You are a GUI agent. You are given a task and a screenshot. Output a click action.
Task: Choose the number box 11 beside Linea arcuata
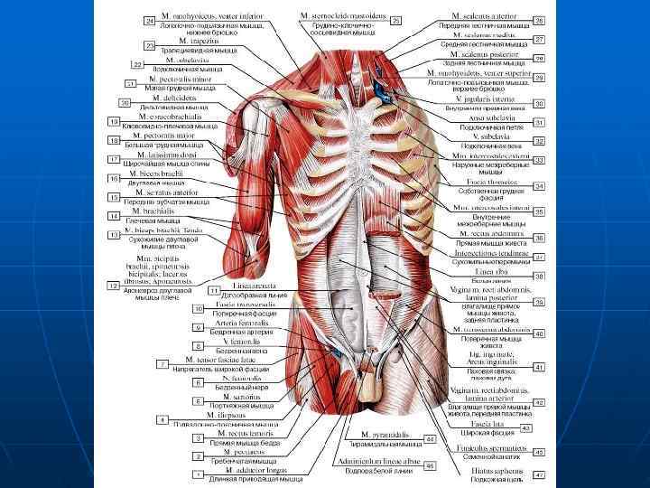pyautogui.click(x=215, y=291)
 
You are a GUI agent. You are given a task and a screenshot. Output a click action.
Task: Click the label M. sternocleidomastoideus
pyautogui.click(x=341, y=15)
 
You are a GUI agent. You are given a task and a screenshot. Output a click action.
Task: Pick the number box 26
pyautogui.click(x=538, y=19)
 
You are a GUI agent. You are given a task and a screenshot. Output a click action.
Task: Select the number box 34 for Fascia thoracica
pyautogui.click(x=538, y=186)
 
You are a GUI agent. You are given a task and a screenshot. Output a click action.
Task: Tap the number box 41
pyautogui.click(x=538, y=367)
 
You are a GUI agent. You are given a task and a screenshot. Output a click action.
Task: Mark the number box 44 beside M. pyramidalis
pyautogui.click(x=430, y=438)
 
